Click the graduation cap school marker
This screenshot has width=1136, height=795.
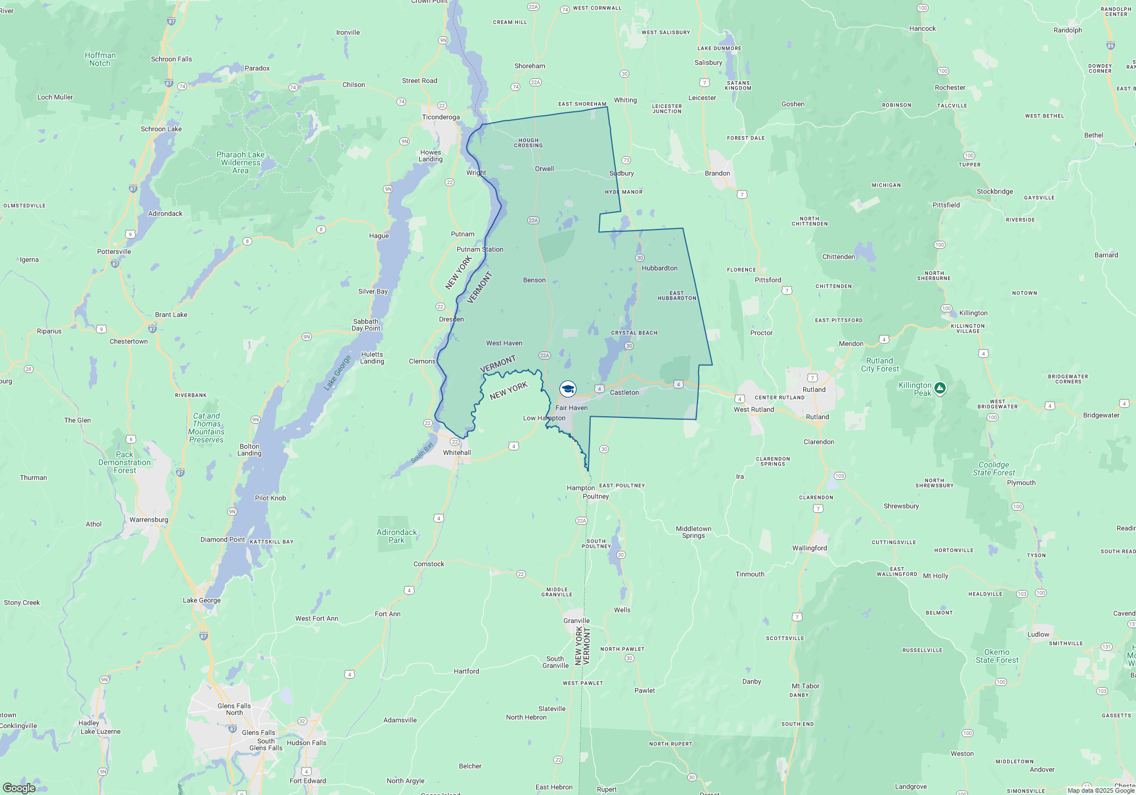[568, 389]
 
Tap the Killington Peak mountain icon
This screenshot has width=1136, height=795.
[940, 388]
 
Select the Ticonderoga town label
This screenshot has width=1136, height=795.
[441, 117]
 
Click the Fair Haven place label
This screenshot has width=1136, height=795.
[571, 408]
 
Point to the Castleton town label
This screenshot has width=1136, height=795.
[624, 392]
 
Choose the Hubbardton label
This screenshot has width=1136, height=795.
[659, 268]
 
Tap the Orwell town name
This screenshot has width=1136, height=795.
[544, 169]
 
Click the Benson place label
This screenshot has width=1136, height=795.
[534, 280]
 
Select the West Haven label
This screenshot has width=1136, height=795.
[504, 343]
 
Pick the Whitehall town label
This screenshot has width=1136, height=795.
[457, 453]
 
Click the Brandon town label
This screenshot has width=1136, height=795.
[717, 173]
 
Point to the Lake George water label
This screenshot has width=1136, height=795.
[337, 373]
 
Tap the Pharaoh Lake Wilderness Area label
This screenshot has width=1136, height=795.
[240, 162]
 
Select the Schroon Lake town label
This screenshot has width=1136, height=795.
[161, 129]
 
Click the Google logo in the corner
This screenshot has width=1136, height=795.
[19, 788]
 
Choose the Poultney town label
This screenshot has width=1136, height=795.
[596, 496]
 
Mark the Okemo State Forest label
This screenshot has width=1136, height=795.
[997, 656]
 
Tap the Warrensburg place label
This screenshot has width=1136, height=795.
[149, 520]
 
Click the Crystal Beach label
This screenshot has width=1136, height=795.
[634, 333]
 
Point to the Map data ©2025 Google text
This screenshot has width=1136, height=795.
[1101, 790]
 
